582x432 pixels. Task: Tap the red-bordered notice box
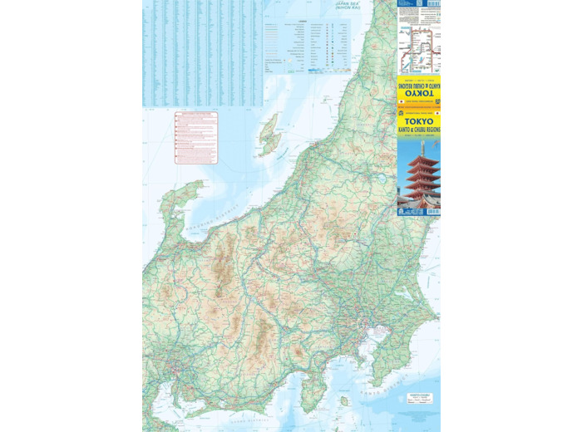point(196,138)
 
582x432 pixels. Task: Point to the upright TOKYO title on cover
point(419,120)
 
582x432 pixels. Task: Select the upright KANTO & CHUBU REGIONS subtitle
point(419,130)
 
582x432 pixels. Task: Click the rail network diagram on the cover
point(418,46)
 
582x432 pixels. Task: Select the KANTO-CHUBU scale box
point(418,397)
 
